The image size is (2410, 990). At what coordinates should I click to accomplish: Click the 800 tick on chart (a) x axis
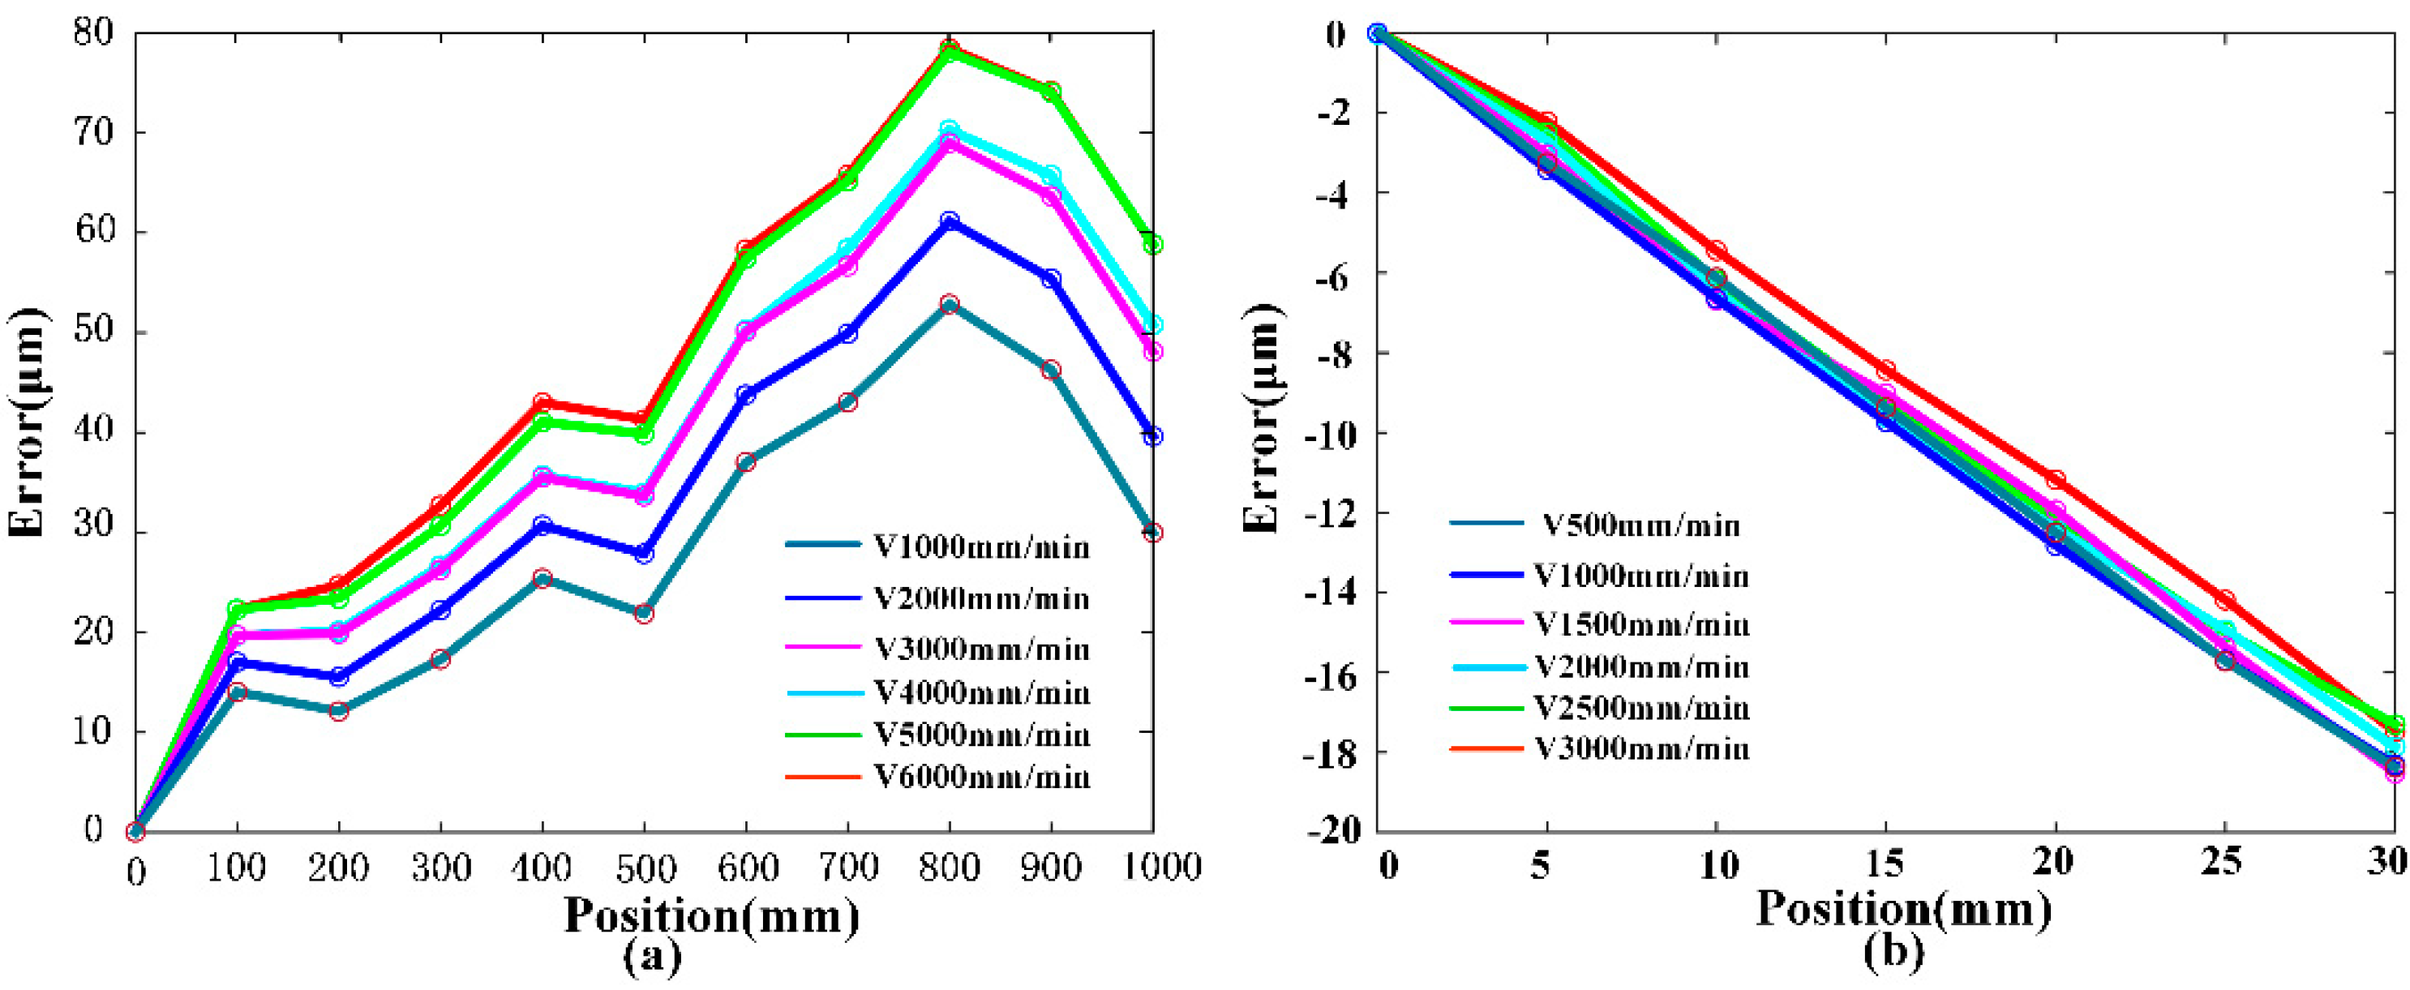pos(949,868)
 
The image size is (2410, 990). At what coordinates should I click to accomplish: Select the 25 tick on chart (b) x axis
pos(2225,860)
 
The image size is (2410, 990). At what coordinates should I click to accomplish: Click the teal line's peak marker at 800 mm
pos(950,304)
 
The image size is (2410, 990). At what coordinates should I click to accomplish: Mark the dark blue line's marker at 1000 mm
pos(1152,436)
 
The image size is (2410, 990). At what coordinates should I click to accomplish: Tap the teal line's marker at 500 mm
pos(644,614)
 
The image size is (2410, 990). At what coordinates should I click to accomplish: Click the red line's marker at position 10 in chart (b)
pos(1716,251)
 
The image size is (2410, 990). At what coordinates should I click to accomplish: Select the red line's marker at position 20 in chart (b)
pos(2056,480)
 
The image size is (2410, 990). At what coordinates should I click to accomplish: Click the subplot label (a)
pos(651,956)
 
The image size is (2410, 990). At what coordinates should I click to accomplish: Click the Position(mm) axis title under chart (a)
pos(711,915)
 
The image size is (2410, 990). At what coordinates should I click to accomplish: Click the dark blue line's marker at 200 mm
pos(339,676)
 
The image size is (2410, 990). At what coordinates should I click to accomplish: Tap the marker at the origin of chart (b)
pos(1376,34)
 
